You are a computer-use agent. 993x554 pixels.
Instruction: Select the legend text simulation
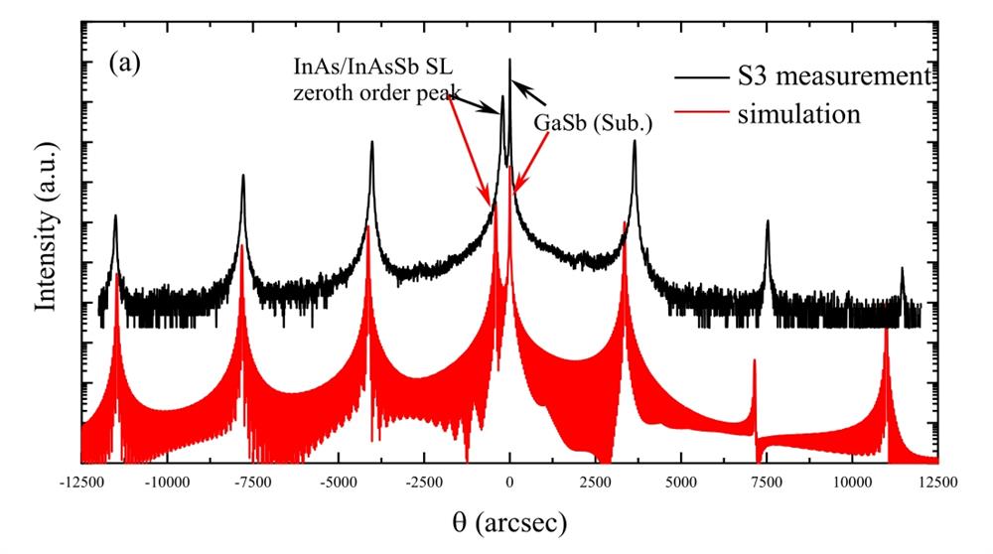pos(797,113)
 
